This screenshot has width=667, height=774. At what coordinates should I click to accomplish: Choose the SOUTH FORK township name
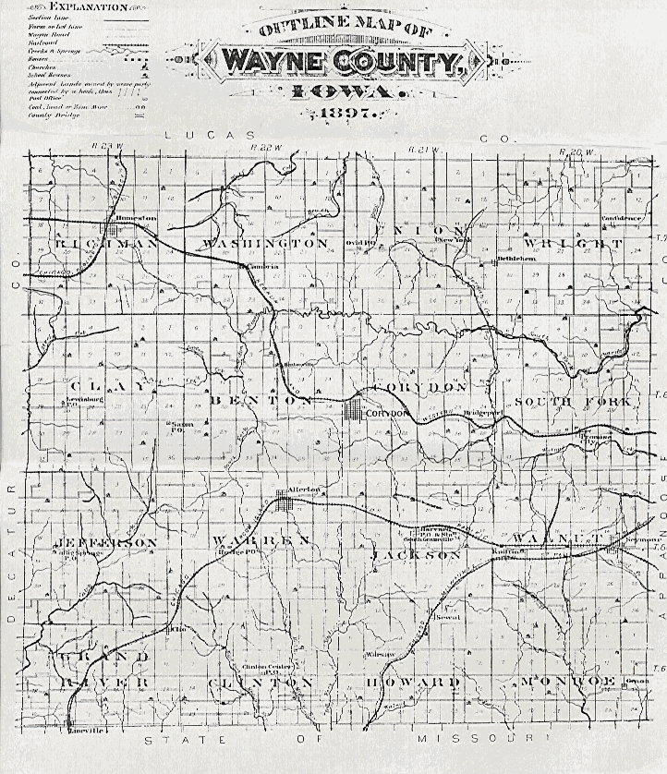573,402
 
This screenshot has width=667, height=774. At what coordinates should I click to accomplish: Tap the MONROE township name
567,681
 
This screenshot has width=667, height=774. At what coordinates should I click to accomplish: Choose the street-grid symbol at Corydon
355,411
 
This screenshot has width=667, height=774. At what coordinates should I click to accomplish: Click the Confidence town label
621,219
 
